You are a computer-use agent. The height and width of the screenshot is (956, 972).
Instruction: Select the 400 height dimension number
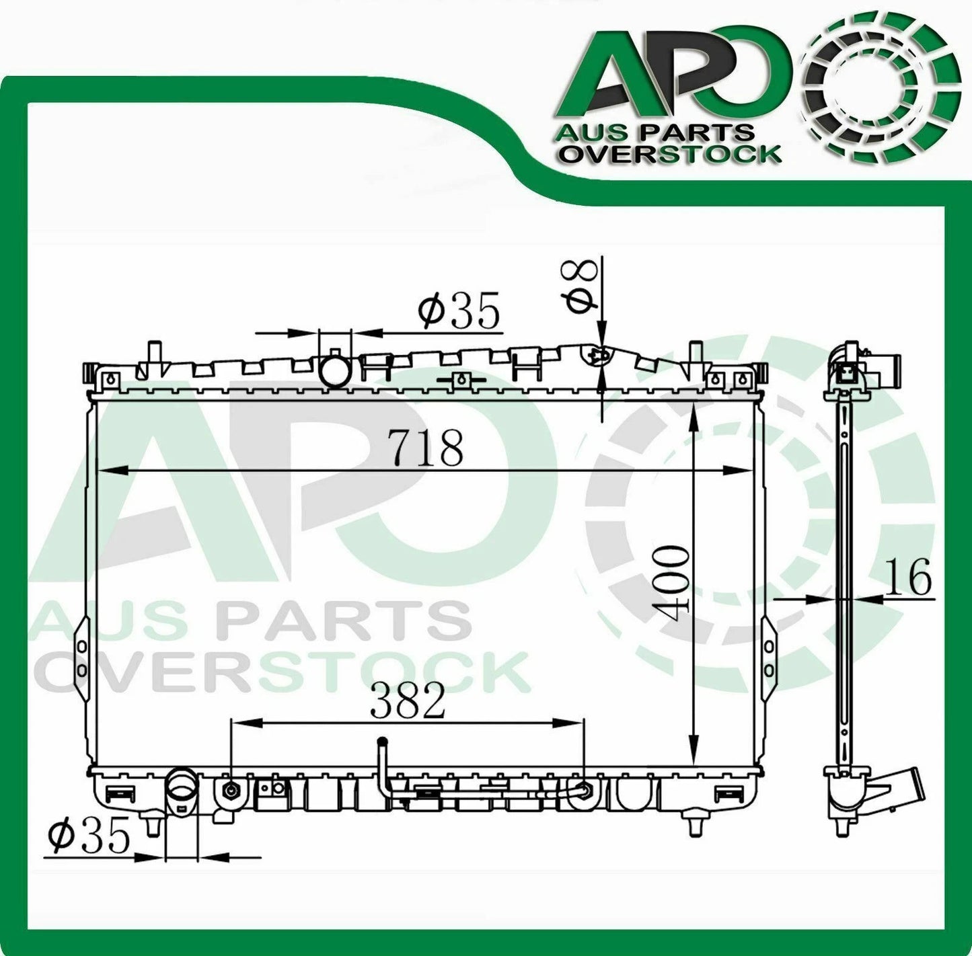pyautogui.click(x=673, y=578)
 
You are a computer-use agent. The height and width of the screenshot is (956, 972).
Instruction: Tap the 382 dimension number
pyautogui.click(x=408, y=701)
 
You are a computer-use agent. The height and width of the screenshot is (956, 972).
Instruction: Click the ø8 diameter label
pyautogui.click(x=583, y=286)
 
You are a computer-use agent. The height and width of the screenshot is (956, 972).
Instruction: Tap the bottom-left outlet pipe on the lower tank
pyautogui.click(x=182, y=794)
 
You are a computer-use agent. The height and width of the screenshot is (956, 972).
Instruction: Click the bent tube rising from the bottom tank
pyautogui.click(x=383, y=766)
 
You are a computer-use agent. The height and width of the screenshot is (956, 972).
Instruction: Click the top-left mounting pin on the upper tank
pyautogui.click(x=154, y=356)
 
